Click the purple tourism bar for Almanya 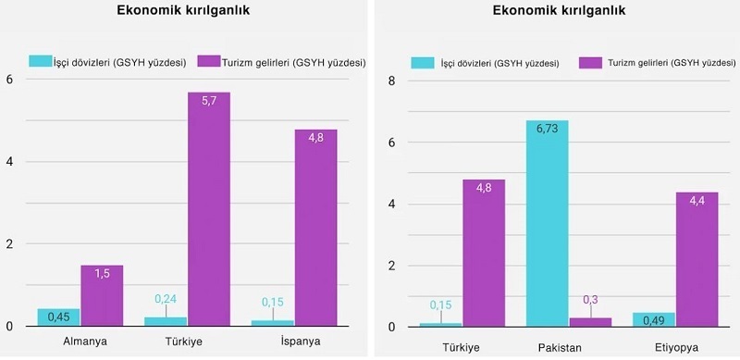point(102,296)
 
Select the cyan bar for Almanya point(58,317)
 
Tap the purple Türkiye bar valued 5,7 point(209,209)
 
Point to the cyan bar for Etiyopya point(654,319)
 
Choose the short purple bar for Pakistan point(589,322)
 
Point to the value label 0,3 point(589,299)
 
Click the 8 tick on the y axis point(391,81)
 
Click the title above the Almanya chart point(182,12)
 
